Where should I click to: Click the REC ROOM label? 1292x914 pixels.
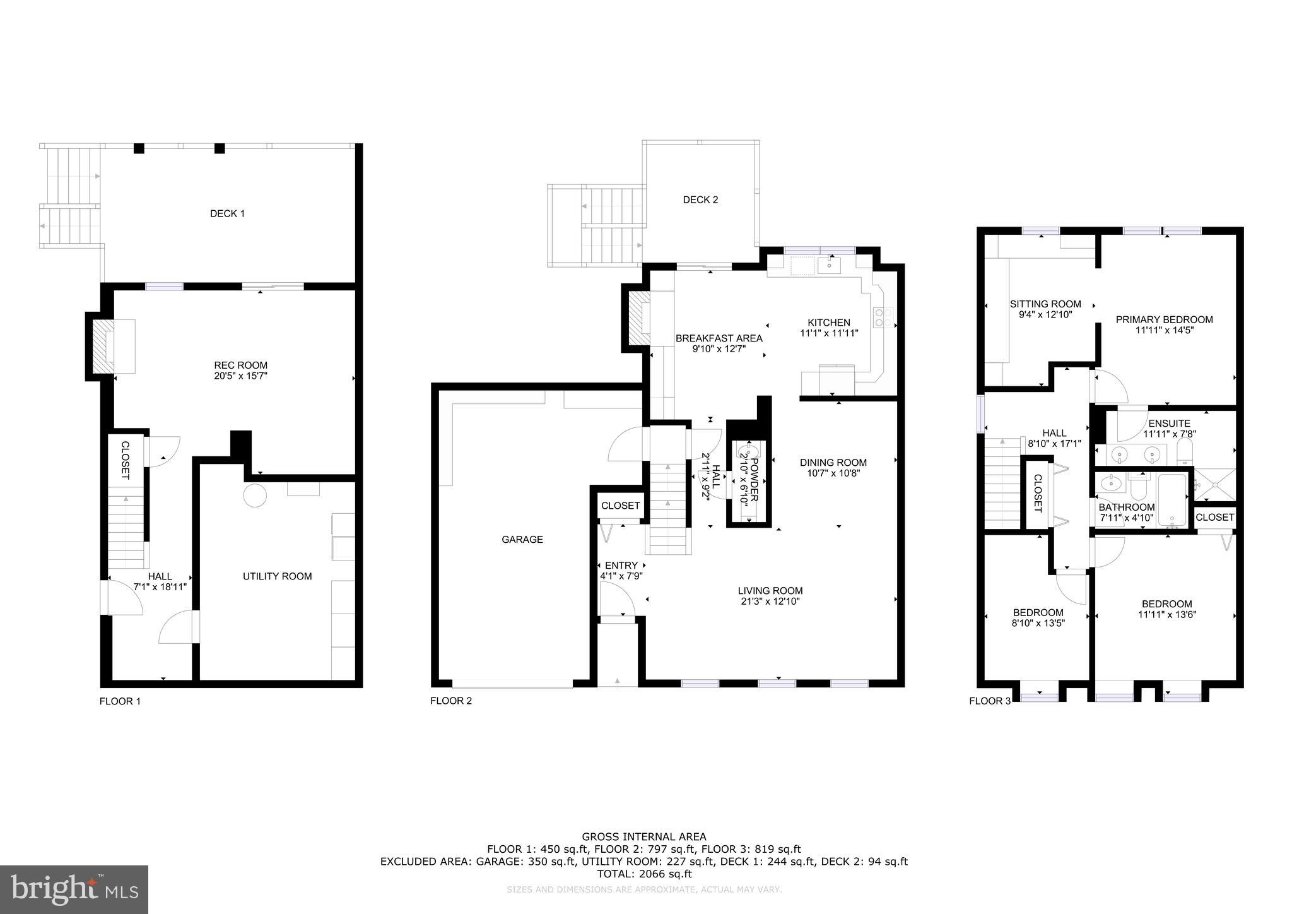click(x=240, y=365)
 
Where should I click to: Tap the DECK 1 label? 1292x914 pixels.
click(x=227, y=213)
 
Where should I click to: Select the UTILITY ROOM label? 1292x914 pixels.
click(x=277, y=576)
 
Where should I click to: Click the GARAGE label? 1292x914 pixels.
click(x=522, y=539)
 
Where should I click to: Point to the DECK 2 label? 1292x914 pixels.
click(x=700, y=199)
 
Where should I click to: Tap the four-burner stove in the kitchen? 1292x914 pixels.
click(x=883, y=318)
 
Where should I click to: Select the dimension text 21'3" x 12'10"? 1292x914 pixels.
click(x=770, y=602)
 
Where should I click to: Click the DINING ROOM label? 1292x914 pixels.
click(x=833, y=462)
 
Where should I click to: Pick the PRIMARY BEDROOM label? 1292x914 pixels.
click(x=1164, y=319)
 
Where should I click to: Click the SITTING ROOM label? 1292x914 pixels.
click(x=1045, y=304)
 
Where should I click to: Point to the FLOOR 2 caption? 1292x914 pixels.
click(x=450, y=701)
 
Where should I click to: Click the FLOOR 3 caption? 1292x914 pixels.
click(x=989, y=701)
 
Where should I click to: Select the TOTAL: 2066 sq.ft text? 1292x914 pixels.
click(x=644, y=874)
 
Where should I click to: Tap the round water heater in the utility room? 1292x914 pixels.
click(x=255, y=496)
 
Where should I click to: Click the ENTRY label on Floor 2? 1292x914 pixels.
click(x=621, y=565)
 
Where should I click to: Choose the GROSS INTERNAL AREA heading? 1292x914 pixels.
click(x=643, y=837)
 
